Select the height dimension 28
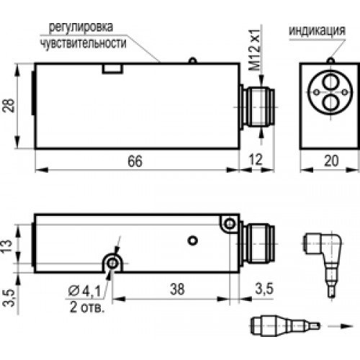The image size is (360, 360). tap(8, 107)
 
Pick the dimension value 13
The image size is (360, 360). tap(8, 244)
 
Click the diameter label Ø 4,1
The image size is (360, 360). tap(84, 291)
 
